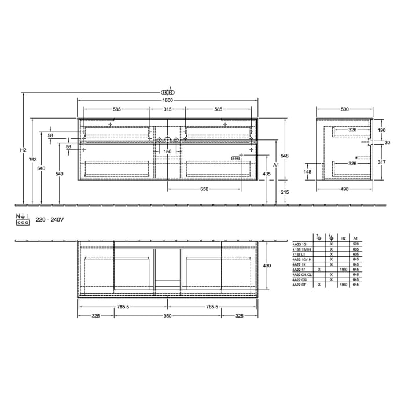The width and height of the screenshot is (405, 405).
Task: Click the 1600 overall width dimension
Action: tap(168, 100)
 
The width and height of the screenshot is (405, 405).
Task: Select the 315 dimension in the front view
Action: tap(168, 109)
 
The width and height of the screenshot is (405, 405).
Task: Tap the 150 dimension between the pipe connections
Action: tap(168, 152)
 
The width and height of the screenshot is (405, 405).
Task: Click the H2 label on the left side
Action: tap(23, 150)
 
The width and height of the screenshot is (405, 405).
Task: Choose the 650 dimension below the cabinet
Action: tap(204, 190)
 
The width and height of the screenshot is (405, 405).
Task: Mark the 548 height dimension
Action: tap(285, 156)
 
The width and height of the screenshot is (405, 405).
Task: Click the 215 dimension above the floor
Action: tap(285, 192)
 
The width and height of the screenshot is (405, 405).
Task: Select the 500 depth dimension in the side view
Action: tap(344, 109)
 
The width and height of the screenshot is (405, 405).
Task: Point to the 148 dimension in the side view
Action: tap(308, 171)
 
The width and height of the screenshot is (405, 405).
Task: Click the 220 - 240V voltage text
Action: tap(49, 220)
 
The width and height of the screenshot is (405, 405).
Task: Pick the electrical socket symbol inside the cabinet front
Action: tap(235, 157)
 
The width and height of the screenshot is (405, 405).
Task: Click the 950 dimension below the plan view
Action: tap(168, 316)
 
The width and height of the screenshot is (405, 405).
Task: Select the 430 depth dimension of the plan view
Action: tap(267, 266)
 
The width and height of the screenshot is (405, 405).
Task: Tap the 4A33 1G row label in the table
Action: tap(300, 245)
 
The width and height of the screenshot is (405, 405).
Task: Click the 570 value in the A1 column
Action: tap(356, 245)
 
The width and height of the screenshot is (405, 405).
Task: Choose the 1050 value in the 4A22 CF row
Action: tap(344, 285)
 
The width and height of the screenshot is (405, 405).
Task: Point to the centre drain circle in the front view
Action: tap(168, 140)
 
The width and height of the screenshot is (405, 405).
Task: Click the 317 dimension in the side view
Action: tap(381, 162)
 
